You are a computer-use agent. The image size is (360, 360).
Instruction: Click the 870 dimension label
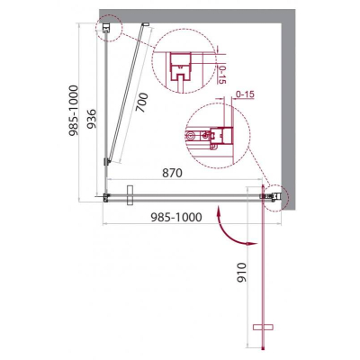(x=173, y=173)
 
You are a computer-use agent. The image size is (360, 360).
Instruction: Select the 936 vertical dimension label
(x=92, y=119)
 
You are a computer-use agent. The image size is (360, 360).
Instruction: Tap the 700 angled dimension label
(x=141, y=103)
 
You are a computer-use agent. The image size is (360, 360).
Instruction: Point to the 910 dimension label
(x=241, y=272)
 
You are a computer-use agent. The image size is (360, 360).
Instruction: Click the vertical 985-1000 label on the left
(x=74, y=111)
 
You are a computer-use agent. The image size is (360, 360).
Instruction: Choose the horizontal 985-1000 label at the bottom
(x=175, y=217)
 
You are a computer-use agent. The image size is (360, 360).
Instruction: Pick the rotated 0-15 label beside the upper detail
(x=223, y=75)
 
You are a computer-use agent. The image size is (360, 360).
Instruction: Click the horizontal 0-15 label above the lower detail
(x=245, y=94)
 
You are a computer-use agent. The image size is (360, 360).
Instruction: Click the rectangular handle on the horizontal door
(x=130, y=195)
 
